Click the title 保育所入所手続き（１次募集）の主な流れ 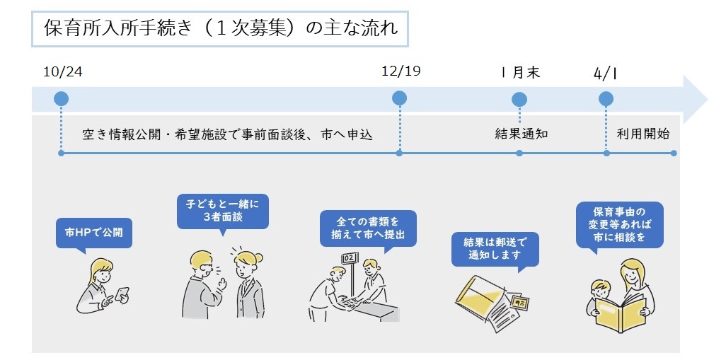click(220, 28)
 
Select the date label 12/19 click(401, 72)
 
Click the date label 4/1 click(605, 72)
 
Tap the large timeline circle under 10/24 click(61, 98)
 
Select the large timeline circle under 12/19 click(400, 98)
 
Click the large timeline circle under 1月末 click(519, 99)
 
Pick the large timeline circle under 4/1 click(606, 98)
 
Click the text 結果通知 click(522, 134)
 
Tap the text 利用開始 click(643, 134)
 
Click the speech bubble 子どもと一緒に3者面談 click(223, 211)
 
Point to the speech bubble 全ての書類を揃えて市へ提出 click(368, 228)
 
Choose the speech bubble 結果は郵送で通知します click(495, 249)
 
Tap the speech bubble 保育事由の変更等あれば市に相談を click(620, 224)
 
